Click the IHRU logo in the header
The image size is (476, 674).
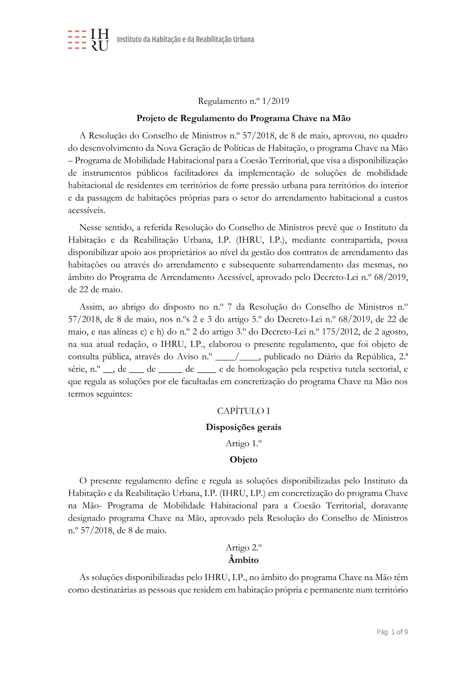coord(89,40)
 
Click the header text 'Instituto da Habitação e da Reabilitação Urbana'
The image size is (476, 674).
coord(185,40)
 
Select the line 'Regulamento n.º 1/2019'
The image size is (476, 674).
coord(243,101)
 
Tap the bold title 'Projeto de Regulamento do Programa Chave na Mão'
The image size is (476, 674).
coord(243,118)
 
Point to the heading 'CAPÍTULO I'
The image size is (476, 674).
coord(243,411)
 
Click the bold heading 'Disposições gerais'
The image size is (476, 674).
coord(243,427)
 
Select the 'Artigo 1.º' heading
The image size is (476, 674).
coord(243,443)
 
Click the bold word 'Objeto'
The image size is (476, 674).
coord(243,460)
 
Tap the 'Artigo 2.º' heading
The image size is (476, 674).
coord(243,547)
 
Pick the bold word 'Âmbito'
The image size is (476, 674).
coord(243,560)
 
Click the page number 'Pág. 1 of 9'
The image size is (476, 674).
coord(392,632)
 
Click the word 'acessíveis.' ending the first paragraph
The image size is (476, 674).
coord(87,210)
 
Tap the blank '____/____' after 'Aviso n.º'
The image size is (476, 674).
coord(237,357)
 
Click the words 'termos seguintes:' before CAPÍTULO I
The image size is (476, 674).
coord(100,394)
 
